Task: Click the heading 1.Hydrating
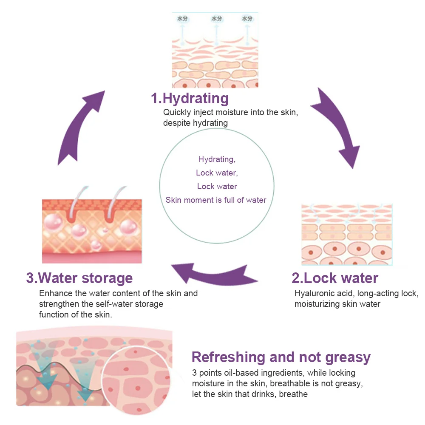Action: point(190,99)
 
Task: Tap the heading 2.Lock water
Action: point(334,278)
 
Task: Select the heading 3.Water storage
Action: point(79,278)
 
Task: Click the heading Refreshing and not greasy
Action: point(281,357)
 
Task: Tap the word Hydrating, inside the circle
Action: point(217,159)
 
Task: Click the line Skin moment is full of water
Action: point(216,200)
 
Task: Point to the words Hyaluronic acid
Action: point(324,294)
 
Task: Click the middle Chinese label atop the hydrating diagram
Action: point(217,19)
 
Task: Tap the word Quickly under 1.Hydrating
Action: point(176,113)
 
